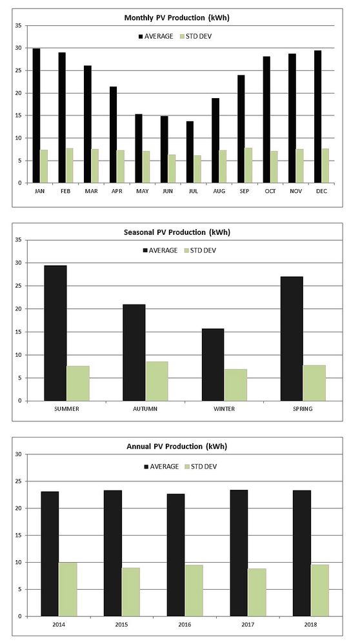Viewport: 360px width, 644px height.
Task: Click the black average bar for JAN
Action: point(36,116)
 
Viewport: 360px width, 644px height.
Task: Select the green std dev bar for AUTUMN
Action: point(157,381)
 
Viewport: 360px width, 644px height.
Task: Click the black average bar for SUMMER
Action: point(55,333)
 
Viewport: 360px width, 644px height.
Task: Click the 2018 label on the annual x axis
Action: point(310,624)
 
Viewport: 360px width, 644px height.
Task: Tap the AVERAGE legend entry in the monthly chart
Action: point(153,36)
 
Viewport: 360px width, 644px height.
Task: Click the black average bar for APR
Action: point(113,135)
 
